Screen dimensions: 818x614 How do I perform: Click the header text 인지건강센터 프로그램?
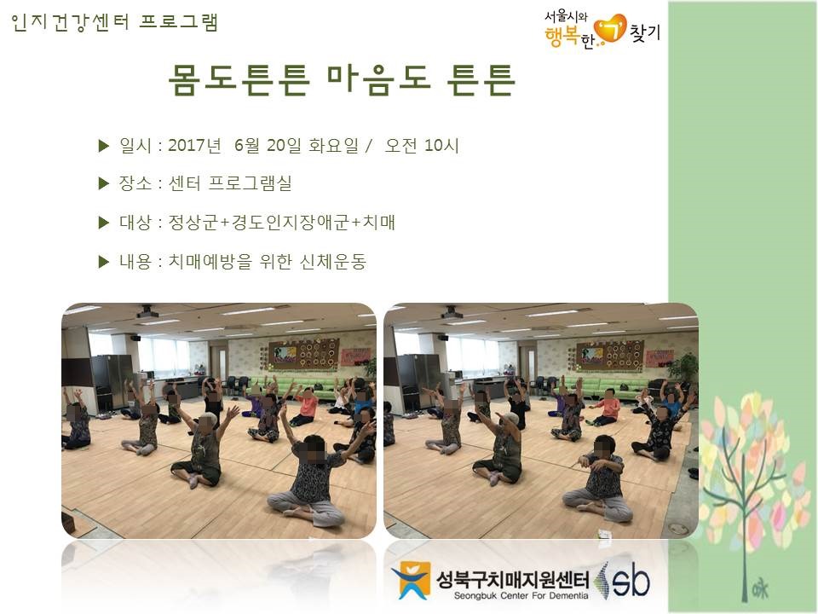pos(113,22)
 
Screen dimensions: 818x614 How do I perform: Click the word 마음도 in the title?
pos(379,79)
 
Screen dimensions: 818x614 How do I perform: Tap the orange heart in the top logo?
pos(610,29)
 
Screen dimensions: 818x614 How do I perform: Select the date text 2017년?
pos(194,145)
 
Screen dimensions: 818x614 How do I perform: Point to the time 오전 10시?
pos(422,145)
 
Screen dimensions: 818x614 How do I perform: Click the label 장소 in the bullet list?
pos(135,183)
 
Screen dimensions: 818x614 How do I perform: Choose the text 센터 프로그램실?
pos(229,183)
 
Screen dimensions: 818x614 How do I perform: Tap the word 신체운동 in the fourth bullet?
pos(333,261)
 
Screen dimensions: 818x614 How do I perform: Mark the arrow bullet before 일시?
pos(103,146)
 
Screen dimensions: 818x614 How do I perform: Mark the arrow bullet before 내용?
pos(103,262)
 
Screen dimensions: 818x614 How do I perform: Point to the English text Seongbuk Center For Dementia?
pos(521,596)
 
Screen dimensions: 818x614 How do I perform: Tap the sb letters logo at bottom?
pos(631,580)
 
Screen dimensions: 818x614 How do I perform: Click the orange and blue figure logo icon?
pos(411,580)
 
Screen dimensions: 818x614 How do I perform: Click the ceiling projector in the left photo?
pos(147,312)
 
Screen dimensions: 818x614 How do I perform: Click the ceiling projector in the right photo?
pos(451,313)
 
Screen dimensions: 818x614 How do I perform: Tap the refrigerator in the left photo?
pos(112,381)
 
